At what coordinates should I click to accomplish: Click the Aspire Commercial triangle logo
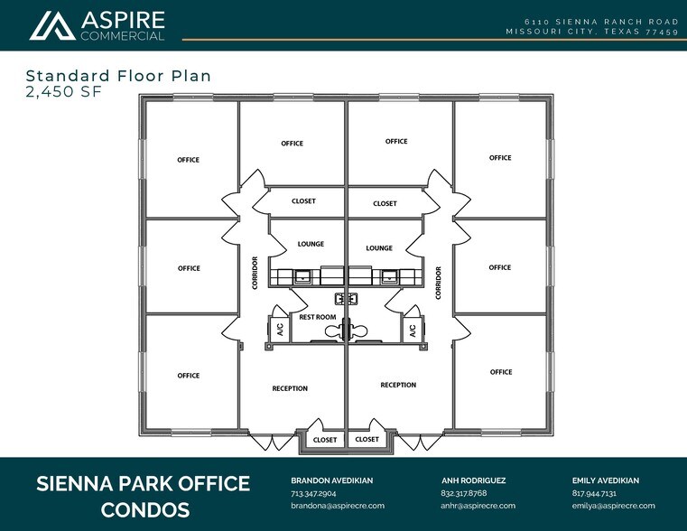pos(52,25)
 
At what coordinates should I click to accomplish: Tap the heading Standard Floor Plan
pos(118,76)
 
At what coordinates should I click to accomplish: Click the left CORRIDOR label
pos(255,272)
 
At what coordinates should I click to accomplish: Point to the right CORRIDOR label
pos(439,282)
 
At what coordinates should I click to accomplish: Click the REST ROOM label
pos(318,317)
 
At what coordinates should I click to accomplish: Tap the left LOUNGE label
pos(311,244)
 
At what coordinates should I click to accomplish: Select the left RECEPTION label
pos(290,388)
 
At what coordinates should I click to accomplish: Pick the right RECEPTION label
pos(398,385)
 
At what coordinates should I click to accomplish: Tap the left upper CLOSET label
pos(303,201)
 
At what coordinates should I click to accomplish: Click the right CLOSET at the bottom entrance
pos(367,440)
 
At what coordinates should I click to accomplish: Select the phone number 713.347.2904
pos(313,494)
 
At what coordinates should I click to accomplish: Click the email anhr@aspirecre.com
pos(478,506)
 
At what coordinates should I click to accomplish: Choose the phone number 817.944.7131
pos(594,494)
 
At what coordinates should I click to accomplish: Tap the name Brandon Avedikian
pos(331,480)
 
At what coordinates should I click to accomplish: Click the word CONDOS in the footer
pos(144,510)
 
